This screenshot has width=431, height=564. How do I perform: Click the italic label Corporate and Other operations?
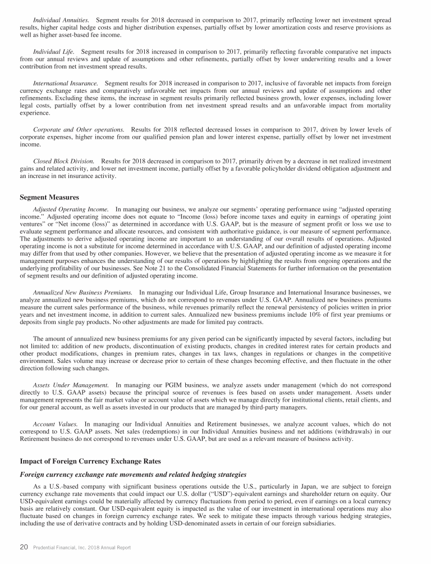(79, 129)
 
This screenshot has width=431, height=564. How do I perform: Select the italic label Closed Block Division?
(63, 161)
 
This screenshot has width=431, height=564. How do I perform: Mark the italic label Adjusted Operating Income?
(71, 209)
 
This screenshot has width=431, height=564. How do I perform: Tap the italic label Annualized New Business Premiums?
(83, 292)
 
